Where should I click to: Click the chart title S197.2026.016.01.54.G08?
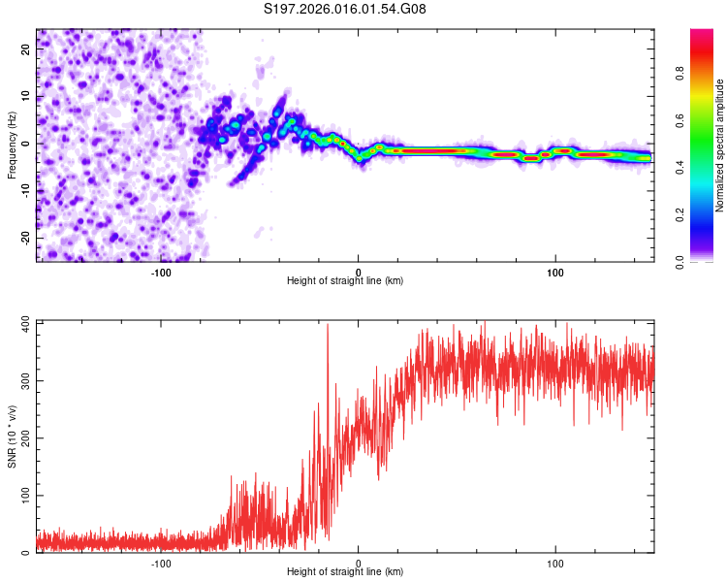tap(345, 9)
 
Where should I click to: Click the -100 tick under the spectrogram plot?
tap(161, 273)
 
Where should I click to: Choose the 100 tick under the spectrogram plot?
tap(555, 273)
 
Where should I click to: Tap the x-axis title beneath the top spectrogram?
tap(345, 281)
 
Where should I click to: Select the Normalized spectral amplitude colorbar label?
tap(720, 145)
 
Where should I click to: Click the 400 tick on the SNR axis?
tap(24, 321)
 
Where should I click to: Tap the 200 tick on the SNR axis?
tap(24, 437)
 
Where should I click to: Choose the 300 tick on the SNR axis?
tap(24, 379)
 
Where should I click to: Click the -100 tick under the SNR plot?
tap(161, 564)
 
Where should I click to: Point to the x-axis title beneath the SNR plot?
tap(345, 572)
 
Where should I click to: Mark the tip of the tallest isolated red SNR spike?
tap(328, 325)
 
